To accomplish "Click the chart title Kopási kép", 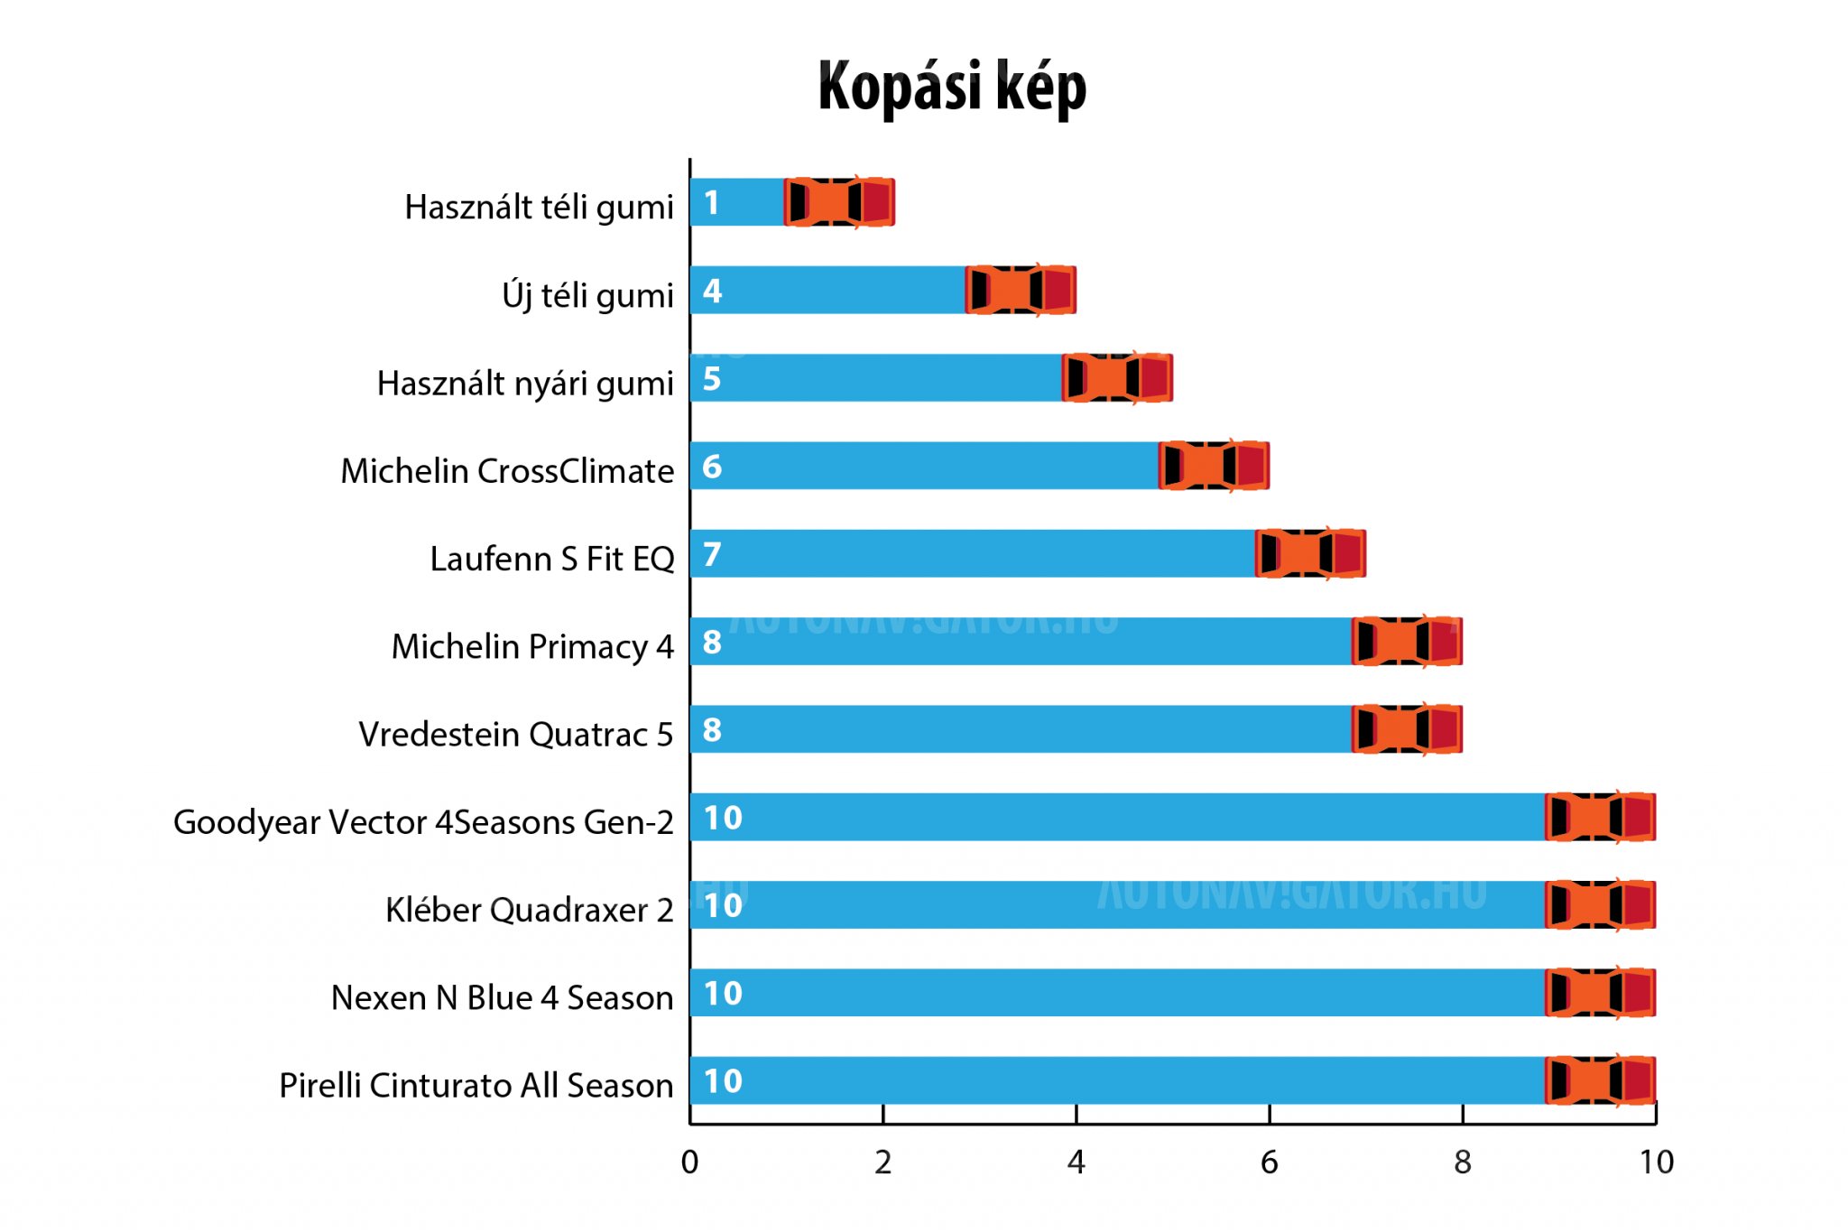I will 951,88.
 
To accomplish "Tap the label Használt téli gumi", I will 539,207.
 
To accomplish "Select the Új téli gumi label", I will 587,295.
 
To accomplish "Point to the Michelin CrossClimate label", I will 507,470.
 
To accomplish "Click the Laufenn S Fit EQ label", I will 551,559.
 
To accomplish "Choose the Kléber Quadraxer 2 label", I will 529,910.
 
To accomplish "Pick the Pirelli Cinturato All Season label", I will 476,1085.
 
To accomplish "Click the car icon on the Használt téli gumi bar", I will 839,202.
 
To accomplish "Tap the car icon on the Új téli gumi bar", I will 1021,290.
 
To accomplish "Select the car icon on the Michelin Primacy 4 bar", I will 1407,642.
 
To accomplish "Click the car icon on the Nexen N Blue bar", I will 1600,993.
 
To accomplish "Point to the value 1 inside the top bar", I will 712,203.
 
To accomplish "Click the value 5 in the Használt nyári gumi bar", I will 712,379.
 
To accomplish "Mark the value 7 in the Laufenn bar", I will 712,554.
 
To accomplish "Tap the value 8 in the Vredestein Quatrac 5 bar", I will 712,730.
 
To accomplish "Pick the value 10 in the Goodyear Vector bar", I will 723,818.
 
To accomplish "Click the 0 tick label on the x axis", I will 689,1163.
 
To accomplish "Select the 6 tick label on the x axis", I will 1269,1163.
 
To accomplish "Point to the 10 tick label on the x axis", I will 1656,1163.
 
